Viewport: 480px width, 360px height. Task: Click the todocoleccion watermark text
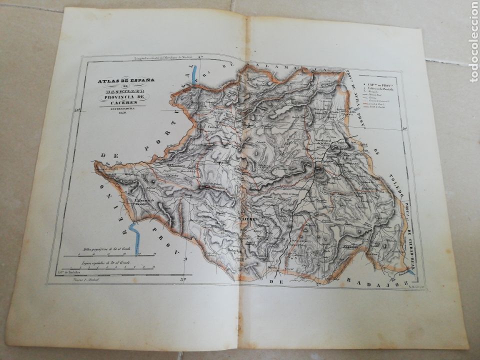tap(472, 42)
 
